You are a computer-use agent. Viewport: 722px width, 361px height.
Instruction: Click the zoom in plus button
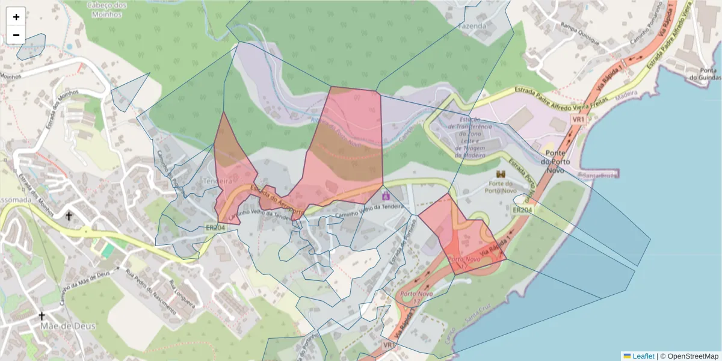(x=16, y=17)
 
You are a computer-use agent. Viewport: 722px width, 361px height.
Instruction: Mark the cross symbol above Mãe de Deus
(x=42, y=315)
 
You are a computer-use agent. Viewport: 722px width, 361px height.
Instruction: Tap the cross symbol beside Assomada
(x=69, y=215)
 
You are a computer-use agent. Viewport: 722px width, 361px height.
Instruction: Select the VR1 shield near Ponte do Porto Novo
(x=578, y=120)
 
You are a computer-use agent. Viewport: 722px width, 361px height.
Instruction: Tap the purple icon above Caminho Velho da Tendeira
(x=386, y=196)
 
